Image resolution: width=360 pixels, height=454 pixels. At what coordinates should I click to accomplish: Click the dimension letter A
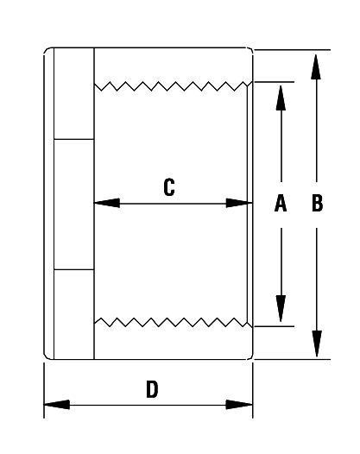pyautogui.click(x=281, y=203)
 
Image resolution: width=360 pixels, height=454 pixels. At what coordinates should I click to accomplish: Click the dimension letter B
pyautogui.click(x=317, y=203)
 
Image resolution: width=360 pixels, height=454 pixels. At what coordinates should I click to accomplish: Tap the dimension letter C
pyautogui.click(x=169, y=187)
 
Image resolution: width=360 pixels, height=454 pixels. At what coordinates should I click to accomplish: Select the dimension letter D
pyautogui.click(x=152, y=389)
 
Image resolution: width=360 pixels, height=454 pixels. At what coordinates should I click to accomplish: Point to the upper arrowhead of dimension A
pyautogui.click(x=281, y=98)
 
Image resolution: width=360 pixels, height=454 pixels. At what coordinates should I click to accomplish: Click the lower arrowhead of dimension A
pyautogui.click(x=281, y=308)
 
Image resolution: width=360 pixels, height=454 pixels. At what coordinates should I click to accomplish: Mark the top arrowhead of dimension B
pyautogui.click(x=316, y=66)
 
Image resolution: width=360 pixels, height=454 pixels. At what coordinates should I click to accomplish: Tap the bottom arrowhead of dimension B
pyautogui.click(x=317, y=344)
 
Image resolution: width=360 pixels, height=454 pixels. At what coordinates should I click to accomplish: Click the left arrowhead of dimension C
pyautogui.click(x=107, y=203)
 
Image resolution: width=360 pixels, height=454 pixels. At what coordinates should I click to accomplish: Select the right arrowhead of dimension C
pyautogui.click(x=239, y=203)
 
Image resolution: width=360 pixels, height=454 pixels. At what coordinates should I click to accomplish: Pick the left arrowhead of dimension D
pyautogui.click(x=57, y=405)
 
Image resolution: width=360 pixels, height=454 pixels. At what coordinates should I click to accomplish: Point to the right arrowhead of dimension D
pyautogui.click(x=239, y=405)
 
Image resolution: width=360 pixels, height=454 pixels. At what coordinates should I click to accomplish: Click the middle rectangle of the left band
pyautogui.click(x=74, y=205)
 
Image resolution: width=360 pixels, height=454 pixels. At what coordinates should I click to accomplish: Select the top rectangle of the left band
pyautogui.click(x=74, y=93)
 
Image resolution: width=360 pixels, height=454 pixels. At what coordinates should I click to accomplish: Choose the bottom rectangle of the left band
pyautogui.click(x=74, y=314)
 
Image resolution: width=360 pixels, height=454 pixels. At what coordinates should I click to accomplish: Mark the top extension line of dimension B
pyautogui.click(x=292, y=50)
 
